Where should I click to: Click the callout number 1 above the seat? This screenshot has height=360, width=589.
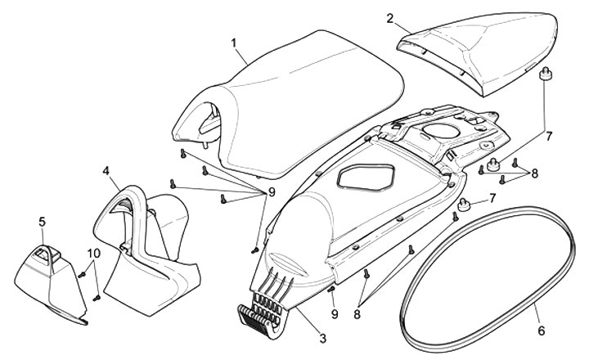click(x=234, y=41)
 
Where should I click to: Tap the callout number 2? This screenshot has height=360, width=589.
click(x=414, y=17)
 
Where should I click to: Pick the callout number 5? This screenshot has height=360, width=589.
click(x=43, y=221)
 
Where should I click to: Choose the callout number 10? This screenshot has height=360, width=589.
click(x=95, y=254)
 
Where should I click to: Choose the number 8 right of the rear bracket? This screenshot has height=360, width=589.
click(x=533, y=173)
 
